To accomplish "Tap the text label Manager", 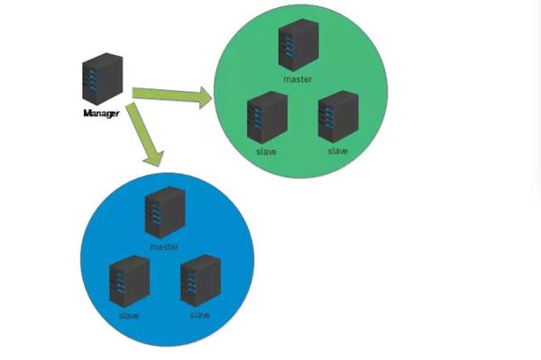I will coord(100,114).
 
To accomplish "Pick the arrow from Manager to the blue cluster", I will coord(143,134).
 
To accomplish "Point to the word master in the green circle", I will coord(298,79).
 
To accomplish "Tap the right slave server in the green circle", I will coord(336,115).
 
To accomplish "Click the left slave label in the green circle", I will coord(266,152).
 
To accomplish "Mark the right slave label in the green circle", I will coord(337,151).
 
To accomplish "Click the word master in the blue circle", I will coord(164,246).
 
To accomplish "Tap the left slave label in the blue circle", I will coord(128,316).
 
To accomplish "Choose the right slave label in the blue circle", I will coord(199,315).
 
